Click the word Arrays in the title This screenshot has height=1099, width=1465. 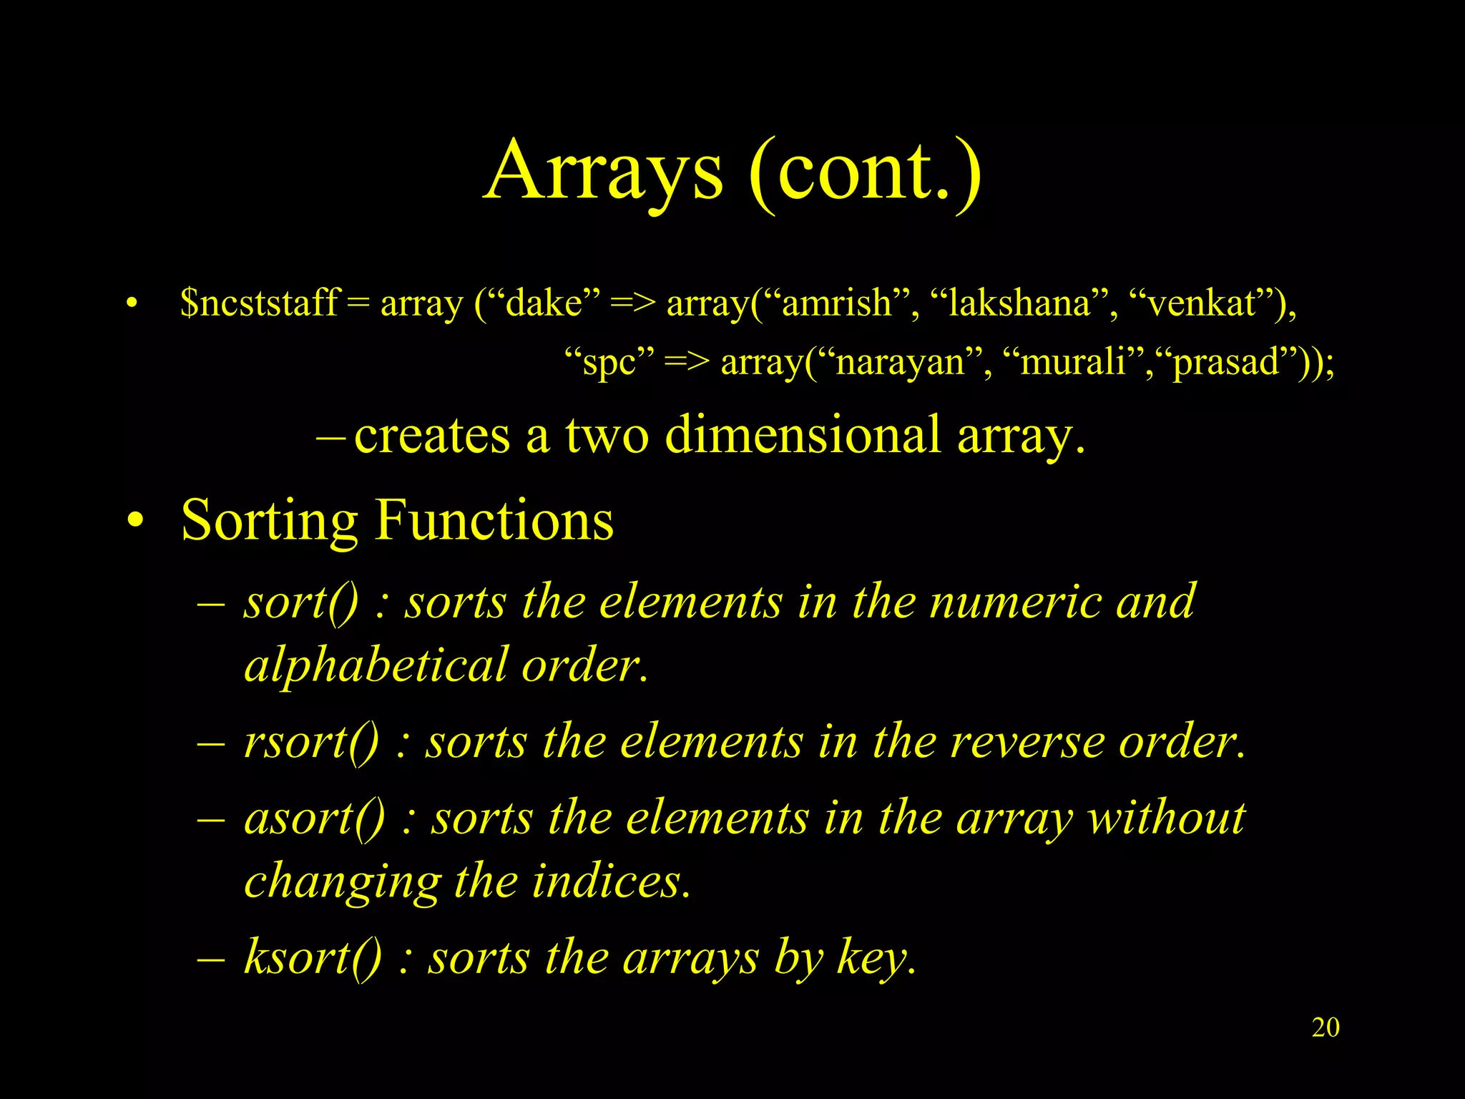(604, 172)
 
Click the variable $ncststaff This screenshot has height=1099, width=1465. (259, 303)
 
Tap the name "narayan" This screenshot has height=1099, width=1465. (899, 362)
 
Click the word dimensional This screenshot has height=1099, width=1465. (803, 434)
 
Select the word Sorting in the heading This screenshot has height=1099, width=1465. (269, 521)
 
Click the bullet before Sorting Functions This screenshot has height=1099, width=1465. (134, 521)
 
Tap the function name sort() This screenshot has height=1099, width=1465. (300, 602)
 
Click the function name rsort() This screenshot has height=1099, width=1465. (311, 742)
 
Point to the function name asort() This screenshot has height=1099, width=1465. (315, 818)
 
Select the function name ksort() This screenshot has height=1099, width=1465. (313, 957)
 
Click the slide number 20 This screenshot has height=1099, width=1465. (1325, 1027)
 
